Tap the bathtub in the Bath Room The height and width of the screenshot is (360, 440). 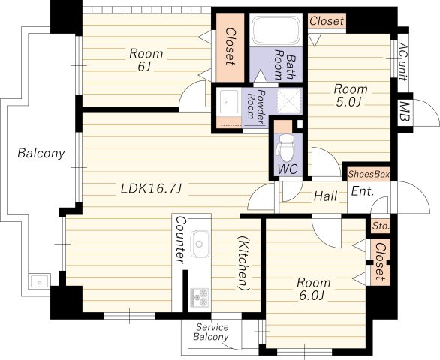tap(276, 30)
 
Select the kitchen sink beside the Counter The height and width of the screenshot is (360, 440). tap(200, 244)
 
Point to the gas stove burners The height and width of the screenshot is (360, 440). tap(200, 297)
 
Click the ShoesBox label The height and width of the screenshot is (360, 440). tap(369, 175)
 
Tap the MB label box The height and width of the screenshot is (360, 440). tap(404, 111)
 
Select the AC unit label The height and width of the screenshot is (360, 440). tap(402, 61)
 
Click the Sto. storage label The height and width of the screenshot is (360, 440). tap(381, 226)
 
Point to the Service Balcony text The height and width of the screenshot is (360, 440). tap(211, 331)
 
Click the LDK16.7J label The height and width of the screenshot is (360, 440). tap(152, 189)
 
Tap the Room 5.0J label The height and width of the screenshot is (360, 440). tap(350, 95)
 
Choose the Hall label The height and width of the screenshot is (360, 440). tap(326, 196)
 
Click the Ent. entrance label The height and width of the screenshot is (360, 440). tap(363, 191)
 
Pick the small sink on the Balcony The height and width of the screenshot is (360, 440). tap(39, 281)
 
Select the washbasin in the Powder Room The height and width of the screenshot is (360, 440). tap(229, 102)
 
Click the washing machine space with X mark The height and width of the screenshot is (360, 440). tap(289, 101)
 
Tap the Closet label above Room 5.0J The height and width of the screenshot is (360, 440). tap(327, 21)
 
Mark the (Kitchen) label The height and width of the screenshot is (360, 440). tap(243, 263)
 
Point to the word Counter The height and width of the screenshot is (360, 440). tap(180, 240)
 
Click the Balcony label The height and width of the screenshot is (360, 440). tap(41, 153)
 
